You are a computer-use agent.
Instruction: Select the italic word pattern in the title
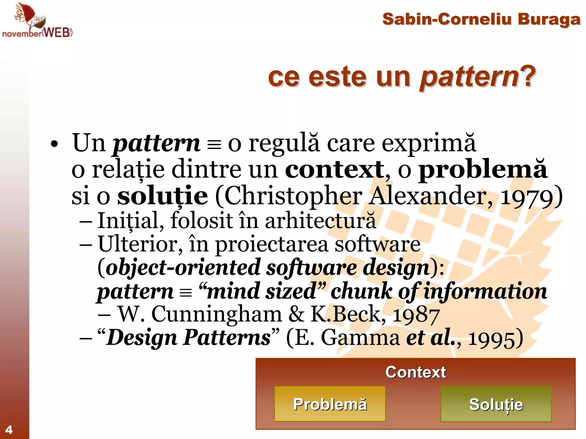[469, 77]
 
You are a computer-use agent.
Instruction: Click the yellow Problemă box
[330, 404]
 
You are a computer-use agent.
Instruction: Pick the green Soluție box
[496, 404]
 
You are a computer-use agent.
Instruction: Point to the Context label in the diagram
[415, 372]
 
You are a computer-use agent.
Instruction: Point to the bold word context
[335, 170]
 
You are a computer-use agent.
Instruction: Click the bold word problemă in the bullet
[483, 170]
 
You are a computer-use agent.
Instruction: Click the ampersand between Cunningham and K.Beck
[296, 314]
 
